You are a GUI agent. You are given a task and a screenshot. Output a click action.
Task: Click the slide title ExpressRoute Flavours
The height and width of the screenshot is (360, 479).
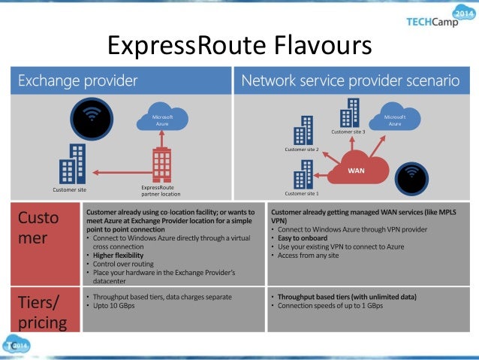pyautogui.click(x=239, y=46)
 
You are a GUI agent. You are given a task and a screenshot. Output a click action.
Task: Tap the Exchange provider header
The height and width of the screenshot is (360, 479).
pyautogui.click(x=78, y=80)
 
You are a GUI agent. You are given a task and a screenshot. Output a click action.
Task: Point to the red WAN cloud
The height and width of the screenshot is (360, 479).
pyautogui.click(x=357, y=168)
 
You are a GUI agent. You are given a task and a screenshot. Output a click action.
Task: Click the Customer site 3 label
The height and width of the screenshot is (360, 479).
pyautogui.click(x=348, y=132)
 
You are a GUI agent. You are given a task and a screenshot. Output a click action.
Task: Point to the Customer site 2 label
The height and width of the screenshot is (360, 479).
pyautogui.click(x=302, y=150)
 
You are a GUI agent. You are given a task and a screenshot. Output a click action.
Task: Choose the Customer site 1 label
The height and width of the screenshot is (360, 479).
pyautogui.click(x=302, y=193)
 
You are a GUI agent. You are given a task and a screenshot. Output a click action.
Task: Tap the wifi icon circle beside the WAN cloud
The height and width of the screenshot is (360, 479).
pyautogui.click(x=411, y=177)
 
